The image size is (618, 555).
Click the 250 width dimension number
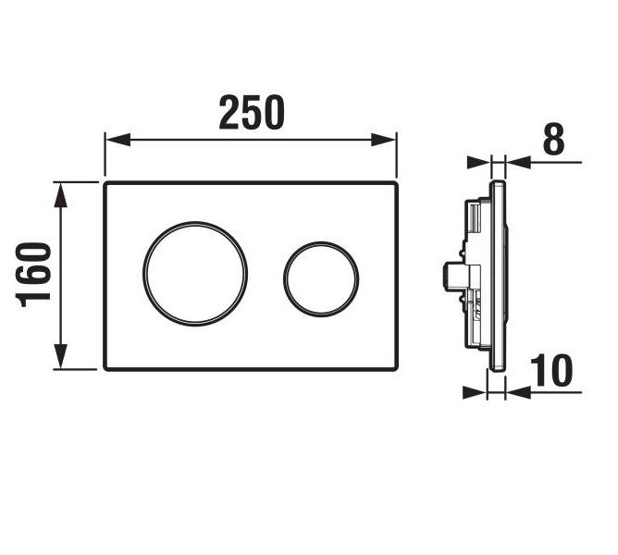click(252, 112)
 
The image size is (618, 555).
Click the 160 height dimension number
click(34, 275)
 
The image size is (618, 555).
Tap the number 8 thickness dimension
click(554, 139)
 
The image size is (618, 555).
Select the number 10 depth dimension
click(551, 371)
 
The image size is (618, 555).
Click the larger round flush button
click(195, 222)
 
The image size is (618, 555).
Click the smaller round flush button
click(321, 241)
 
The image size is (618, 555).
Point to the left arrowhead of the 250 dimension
click(117, 140)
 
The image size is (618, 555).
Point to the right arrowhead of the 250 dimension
click(384, 140)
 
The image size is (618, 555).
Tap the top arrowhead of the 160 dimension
click(60, 195)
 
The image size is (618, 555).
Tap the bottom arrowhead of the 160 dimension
click(60, 356)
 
